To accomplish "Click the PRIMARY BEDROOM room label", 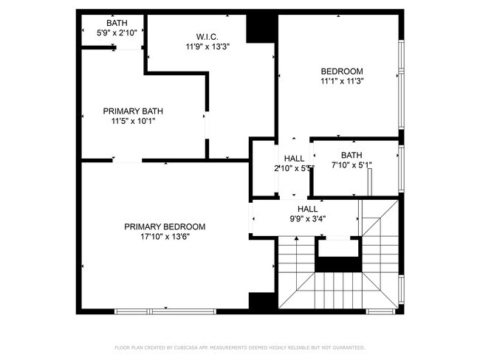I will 165,226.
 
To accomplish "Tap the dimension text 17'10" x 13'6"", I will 165,237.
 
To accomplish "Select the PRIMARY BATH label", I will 133,111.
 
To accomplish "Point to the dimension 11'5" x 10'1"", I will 133,121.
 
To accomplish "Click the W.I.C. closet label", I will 207,36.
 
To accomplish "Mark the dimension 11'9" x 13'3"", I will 207,46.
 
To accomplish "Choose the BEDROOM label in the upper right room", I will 341,71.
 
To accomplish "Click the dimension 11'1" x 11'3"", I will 341,81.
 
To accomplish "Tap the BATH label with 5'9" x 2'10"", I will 116,23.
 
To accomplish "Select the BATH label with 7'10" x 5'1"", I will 352,155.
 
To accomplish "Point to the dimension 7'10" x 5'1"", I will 352,165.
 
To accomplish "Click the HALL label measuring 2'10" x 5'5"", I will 294,159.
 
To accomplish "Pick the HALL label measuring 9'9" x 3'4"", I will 308,209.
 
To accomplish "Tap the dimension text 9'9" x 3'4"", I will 308,219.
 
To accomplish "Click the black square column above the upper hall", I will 260,28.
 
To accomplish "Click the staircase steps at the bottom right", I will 340,284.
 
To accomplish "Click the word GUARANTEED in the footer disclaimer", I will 346,347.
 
